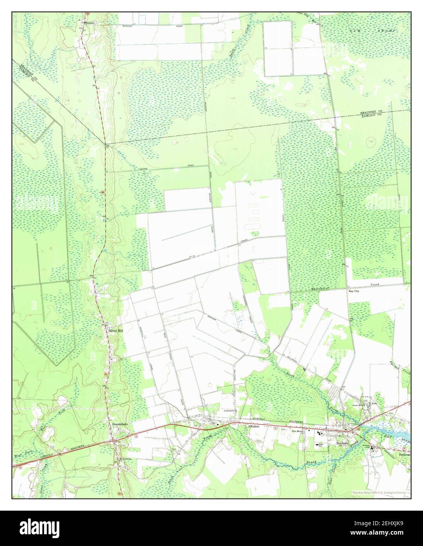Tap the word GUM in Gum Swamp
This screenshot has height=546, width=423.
(353, 30)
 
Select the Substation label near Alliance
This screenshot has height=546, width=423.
(229, 411)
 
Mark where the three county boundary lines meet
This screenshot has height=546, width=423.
(105, 144)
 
